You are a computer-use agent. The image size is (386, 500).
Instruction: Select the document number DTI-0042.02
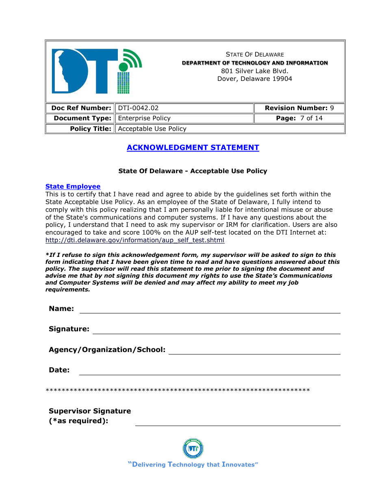[x=138, y=108]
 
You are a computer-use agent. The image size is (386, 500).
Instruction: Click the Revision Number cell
[x=299, y=108]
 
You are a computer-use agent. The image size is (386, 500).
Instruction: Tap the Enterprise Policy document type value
[x=144, y=118]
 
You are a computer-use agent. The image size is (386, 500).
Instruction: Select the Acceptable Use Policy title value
[x=152, y=129]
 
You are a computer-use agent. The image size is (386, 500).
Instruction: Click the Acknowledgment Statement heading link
[x=193, y=148]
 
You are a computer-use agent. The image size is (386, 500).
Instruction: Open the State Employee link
[x=73, y=187]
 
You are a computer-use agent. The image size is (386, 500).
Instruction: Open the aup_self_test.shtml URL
[x=135, y=240]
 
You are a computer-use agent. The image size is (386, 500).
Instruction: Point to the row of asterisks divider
[x=178, y=391]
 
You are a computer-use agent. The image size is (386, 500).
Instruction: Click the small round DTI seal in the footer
[x=193, y=449]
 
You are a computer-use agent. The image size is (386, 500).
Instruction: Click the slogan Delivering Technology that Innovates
[x=193, y=465]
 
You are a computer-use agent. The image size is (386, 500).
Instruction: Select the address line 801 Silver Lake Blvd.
[x=255, y=71]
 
